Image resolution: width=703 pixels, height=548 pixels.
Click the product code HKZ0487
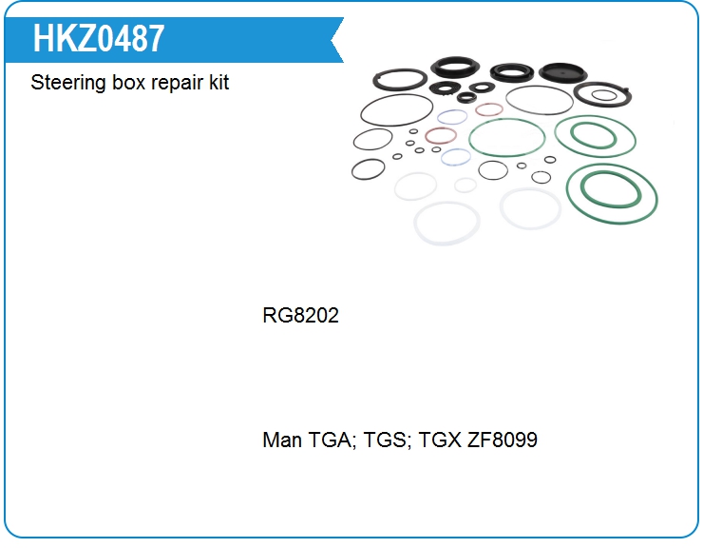pos(99,39)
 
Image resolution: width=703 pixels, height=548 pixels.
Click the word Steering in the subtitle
pos(67,83)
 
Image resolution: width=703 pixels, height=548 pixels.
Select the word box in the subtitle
pos(128,83)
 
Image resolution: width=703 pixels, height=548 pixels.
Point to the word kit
pos(218,83)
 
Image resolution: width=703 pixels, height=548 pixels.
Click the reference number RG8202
pos(300,315)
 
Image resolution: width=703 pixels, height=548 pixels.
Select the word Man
pos(281,440)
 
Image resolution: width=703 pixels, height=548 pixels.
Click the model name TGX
pos(439,440)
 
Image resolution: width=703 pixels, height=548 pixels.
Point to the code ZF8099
pos(503,440)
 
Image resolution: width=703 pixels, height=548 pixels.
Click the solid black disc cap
pos(562,72)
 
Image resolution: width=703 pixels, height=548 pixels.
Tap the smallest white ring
pos(465,185)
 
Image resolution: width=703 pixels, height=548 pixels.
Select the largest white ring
pos(446,245)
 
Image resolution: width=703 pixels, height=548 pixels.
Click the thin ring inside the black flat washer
pos(604,91)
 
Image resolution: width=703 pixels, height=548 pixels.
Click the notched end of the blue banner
pos(332,40)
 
